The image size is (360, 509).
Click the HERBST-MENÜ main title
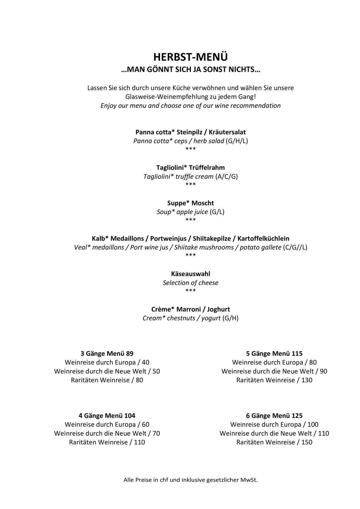tap(190, 57)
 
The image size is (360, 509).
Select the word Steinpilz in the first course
tap(189, 132)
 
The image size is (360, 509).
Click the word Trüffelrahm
tap(207, 168)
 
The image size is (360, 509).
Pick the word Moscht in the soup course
tap(203, 203)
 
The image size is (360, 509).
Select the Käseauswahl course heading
tap(190, 274)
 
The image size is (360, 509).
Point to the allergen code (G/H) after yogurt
tap(230, 318)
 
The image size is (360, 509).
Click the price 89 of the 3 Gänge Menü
tap(130, 353)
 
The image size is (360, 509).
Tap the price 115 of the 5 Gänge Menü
tap(297, 353)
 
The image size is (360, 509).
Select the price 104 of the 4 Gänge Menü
tap(130, 416)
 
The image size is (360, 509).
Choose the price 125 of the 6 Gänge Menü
tap(297, 416)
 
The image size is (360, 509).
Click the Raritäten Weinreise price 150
tap(307, 442)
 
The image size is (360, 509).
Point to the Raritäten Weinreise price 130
tap(307, 380)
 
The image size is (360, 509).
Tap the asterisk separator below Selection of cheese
tap(190, 291)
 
